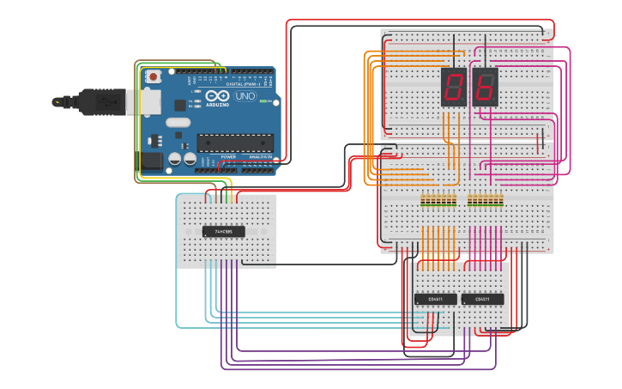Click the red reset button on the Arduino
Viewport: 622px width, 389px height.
pyautogui.click(x=154, y=76)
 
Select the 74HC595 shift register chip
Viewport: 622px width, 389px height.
pyautogui.click(x=223, y=231)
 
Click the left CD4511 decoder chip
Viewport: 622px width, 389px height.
pyautogui.click(x=435, y=299)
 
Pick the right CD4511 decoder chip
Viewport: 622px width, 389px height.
pyautogui.click(x=482, y=299)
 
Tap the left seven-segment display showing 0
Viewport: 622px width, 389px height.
pyautogui.click(x=454, y=86)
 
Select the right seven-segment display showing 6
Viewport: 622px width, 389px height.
pyautogui.click(x=485, y=86)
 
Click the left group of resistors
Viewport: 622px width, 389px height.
pyautogui.click(x=438, y=201)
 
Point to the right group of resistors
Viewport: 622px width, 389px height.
pyautogui.click(x=486, y=201)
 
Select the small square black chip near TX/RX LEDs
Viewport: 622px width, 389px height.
pyautogui.click(x=180, y=105)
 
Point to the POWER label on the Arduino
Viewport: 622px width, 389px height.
pyautogui.click(x=228, y=157)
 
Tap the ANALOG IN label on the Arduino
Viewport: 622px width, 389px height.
pyautogui.click(x=260, y=157)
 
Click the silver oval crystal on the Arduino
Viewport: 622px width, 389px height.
pyautogui.click(x=178, y=122)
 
